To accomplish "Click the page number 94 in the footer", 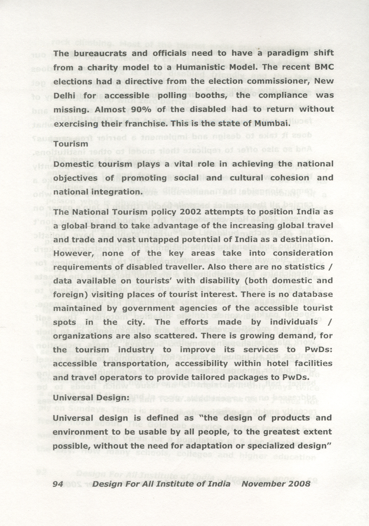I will tap(58, 484).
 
